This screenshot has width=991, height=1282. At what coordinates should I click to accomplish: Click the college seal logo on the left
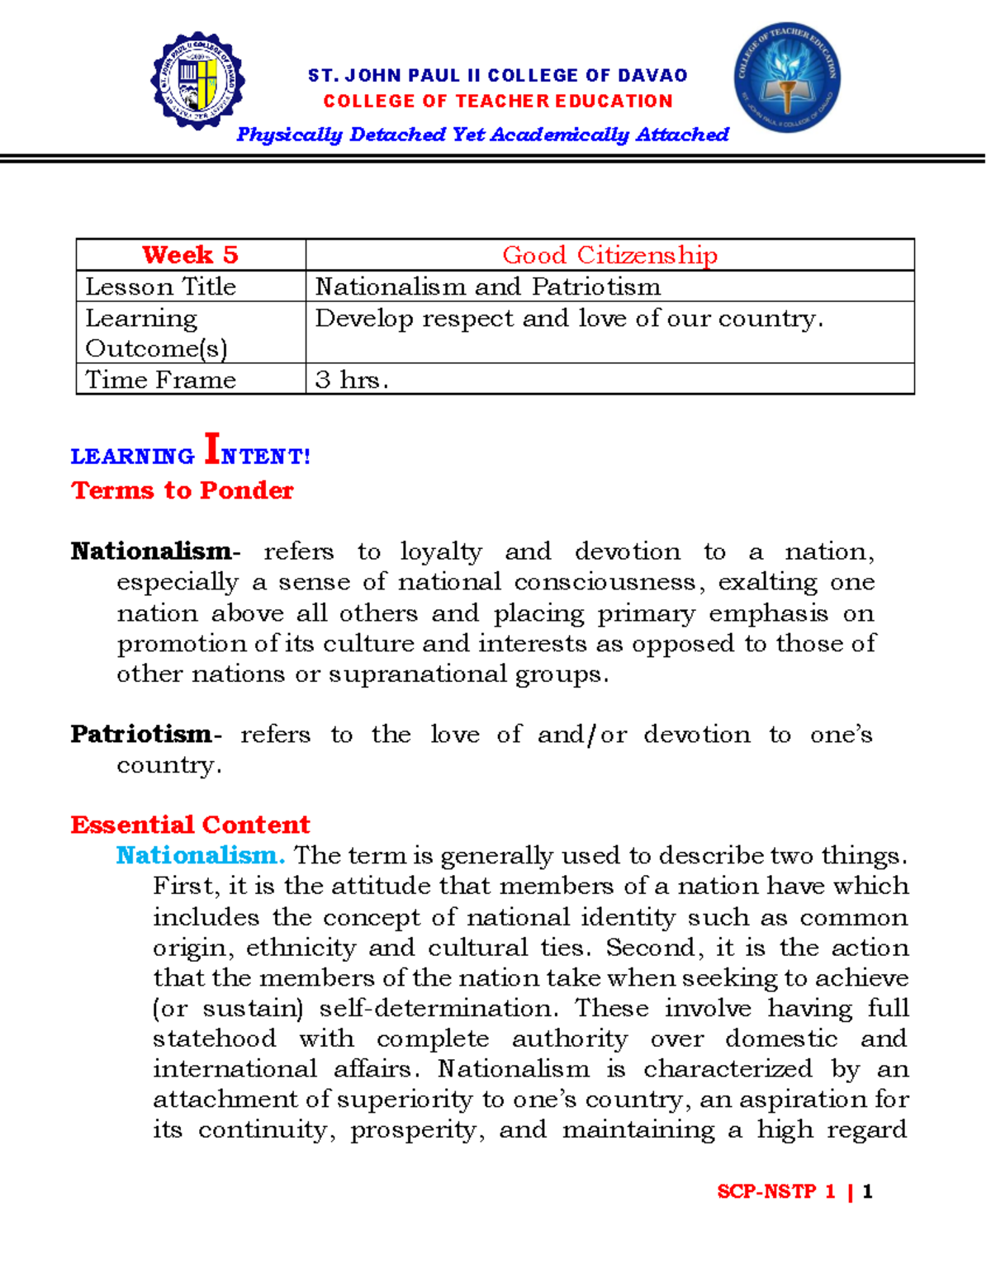[197, 81]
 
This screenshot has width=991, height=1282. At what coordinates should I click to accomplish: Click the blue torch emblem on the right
[786, 78]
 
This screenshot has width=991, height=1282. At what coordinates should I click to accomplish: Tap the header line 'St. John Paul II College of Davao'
[497, 76]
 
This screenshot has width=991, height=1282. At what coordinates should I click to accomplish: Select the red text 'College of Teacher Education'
[498, 102]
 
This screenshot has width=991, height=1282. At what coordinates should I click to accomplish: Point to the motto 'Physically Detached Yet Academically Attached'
[482, 135]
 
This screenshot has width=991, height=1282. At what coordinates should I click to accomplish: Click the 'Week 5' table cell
[190, 255]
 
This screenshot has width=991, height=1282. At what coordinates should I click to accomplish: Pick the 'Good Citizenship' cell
[609, 255]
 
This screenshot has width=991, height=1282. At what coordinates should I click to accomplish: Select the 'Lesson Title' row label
[161, 286]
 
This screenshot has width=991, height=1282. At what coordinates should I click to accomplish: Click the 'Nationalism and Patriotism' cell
[488, 286]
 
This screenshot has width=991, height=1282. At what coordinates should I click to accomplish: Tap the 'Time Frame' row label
[161, 380]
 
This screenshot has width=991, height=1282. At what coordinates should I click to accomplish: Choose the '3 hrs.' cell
[352, 380]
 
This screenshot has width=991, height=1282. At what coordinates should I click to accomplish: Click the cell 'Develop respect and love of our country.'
[569, 319]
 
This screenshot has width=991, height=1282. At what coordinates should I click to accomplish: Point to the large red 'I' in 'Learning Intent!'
[211, 450]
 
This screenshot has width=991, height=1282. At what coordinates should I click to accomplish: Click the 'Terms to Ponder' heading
[183, 490]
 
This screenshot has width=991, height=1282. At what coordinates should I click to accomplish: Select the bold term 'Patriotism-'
[145, 734]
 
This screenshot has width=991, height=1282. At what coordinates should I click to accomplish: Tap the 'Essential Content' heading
[190, 825]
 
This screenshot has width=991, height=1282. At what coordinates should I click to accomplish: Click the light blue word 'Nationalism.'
[201, 855]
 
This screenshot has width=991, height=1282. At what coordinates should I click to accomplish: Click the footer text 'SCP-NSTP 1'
[776, 1191]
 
